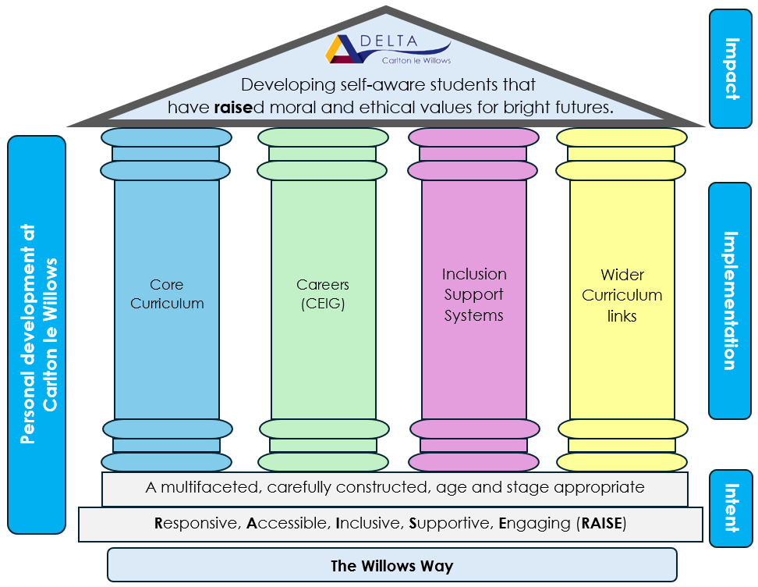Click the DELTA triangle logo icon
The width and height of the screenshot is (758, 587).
[x=343, y=49]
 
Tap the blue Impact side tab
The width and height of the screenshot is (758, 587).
[x=730, y=68]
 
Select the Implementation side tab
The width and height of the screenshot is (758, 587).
[x=730, y=301]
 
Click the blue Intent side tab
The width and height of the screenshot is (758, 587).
[x=730, y=507]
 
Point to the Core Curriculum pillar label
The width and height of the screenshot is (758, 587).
[x=167, y=294]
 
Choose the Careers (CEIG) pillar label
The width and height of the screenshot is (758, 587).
[x=323, y=294]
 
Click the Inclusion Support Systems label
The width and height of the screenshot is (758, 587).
[x=474, y=295]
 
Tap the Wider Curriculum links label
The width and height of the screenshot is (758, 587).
[x=622, y=295]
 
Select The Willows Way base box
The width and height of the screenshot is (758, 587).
[x=391, y=566]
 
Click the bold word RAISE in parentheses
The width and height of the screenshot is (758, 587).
[x=603, y=524]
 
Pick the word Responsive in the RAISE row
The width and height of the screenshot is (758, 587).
[x=196, y=524]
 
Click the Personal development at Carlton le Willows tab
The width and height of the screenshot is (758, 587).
[x=37, y=334]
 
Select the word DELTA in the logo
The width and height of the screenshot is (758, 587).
[x=395, y=41]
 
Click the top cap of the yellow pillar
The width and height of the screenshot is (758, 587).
[x=622, y=137]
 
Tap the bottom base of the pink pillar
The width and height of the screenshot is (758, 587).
[x=474, y=461]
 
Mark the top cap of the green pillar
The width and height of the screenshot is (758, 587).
[x=323, y=137]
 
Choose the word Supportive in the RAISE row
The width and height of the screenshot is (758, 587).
[x=450, y=524]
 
